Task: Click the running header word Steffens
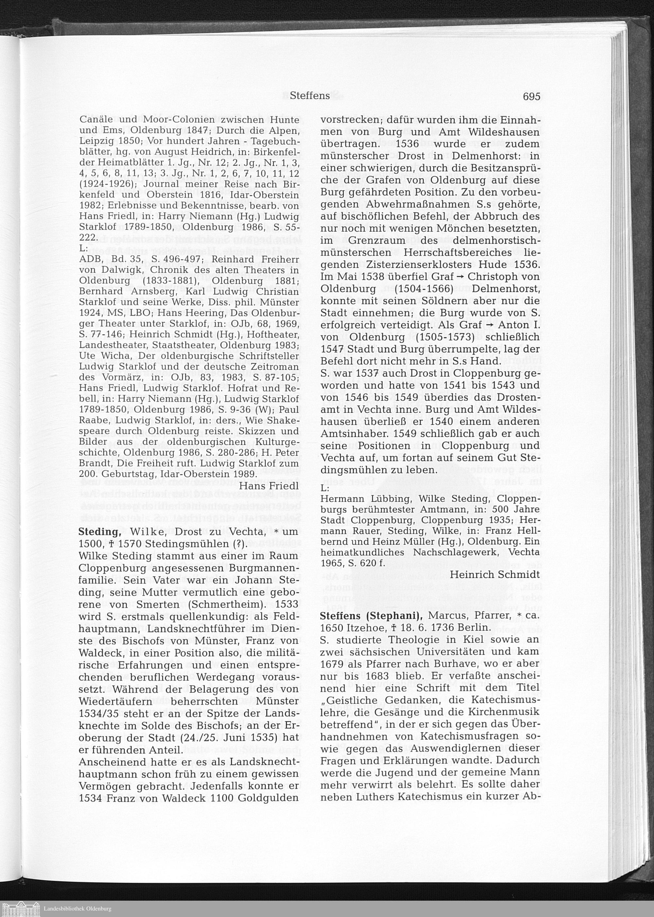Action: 310,96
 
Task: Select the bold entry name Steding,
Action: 100,532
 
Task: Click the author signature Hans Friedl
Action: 269,486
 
